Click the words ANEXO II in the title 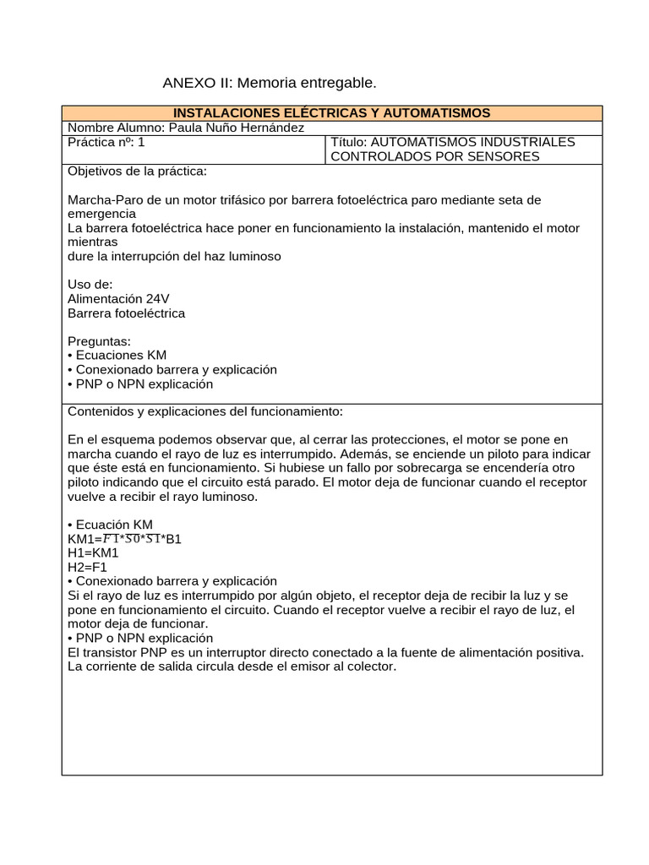pyautogui.click(x=198, y=83)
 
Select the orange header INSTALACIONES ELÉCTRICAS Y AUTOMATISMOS pyautogui.click(x=331, y=113)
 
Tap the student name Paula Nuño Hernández pyautogui.click(x=237, y=128)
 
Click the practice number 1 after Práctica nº pyautogui.click(x=141, y=142)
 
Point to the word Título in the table pyautogui.click(x=350, y=142)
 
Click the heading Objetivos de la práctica pyautogui.click(x=136, y=171)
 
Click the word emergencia pyautogui.click(x=101, y=214)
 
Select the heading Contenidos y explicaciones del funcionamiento pyautogui.click(x=205, y=411)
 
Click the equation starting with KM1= pyautogui.click(x=124, y=539)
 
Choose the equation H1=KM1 pyautogui.click(x=93, y=553)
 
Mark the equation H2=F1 pyautogui.click(x=87, y=568)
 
